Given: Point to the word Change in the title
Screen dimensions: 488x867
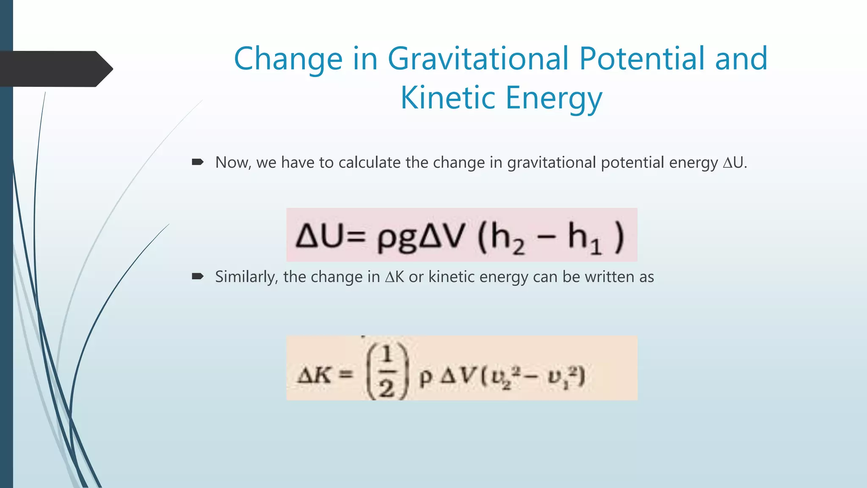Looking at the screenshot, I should (288, 59).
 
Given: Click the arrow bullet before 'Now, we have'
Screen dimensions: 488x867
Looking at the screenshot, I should (198, 162).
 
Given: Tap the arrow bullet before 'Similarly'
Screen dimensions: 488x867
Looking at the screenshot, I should (198, 277).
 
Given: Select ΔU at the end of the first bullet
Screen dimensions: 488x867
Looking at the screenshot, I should (734, 163).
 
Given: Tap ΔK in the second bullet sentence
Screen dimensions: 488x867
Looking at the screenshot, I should (395, 277).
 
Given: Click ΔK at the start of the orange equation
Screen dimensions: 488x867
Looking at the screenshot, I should (314, 375).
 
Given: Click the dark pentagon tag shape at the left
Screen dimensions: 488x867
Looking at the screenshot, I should (55, 69).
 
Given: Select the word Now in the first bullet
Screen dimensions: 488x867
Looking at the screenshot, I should (232, 163).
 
